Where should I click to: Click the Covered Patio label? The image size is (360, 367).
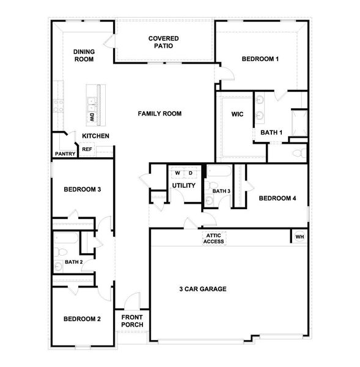(x=163, y=42)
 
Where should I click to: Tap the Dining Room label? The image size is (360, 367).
(x=83, y=56)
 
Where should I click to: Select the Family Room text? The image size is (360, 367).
(x=160, y=114)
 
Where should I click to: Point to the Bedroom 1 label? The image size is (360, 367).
(x=260, y=59)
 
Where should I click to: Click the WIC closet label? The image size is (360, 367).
(x=238, y=114)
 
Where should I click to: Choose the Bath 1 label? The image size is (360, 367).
(x=271, y=132)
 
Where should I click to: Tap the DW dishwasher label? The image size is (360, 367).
(x=92, y=117)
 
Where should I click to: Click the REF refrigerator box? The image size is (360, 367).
(x=87, y=149)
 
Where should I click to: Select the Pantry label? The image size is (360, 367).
(x=65, y=154)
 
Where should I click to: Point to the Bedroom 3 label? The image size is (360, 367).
(x=82, y=190)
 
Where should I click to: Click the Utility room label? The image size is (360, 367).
(x=183, y=185)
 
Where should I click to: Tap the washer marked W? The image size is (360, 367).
(x=178, y=173)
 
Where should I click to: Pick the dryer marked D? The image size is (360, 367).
(x=190, y=173)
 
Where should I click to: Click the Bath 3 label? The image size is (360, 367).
(x=221, y=191)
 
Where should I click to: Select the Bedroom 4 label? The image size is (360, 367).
(x=277, y=198)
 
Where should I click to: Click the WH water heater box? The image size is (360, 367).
(x=299, y=237)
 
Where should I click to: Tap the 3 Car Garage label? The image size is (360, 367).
(x=203, y=289)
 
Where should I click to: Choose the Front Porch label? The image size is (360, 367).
(x=132, y=321)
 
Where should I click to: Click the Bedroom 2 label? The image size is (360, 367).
(x=82, y=319)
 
